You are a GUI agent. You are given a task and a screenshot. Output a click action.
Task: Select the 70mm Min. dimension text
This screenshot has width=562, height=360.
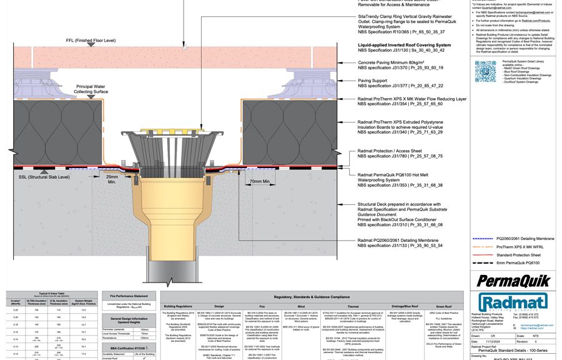(x=259, y=182)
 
